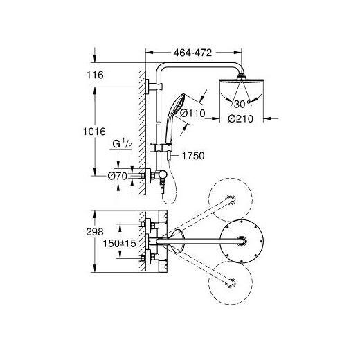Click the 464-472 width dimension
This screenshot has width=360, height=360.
(192, 53)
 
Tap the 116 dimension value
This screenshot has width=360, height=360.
(95, 75)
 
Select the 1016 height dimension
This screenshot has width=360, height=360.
(94, 132)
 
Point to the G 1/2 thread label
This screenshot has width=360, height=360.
(123, 144)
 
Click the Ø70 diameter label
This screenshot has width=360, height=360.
(118, 177)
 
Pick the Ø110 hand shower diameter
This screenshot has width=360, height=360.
(192, 113)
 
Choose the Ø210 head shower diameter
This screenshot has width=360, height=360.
(241, 119)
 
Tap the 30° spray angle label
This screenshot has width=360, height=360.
(242, 104)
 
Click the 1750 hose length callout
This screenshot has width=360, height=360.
(193, 156)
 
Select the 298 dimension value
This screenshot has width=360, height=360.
(95, 232)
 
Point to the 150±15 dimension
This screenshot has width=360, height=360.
(119, 243)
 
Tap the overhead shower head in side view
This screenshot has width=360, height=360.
(242, 80)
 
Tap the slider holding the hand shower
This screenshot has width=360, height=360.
(161, 148)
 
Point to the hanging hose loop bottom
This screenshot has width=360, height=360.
(168, 203)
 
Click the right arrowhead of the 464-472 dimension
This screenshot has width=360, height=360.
(238, 53)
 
